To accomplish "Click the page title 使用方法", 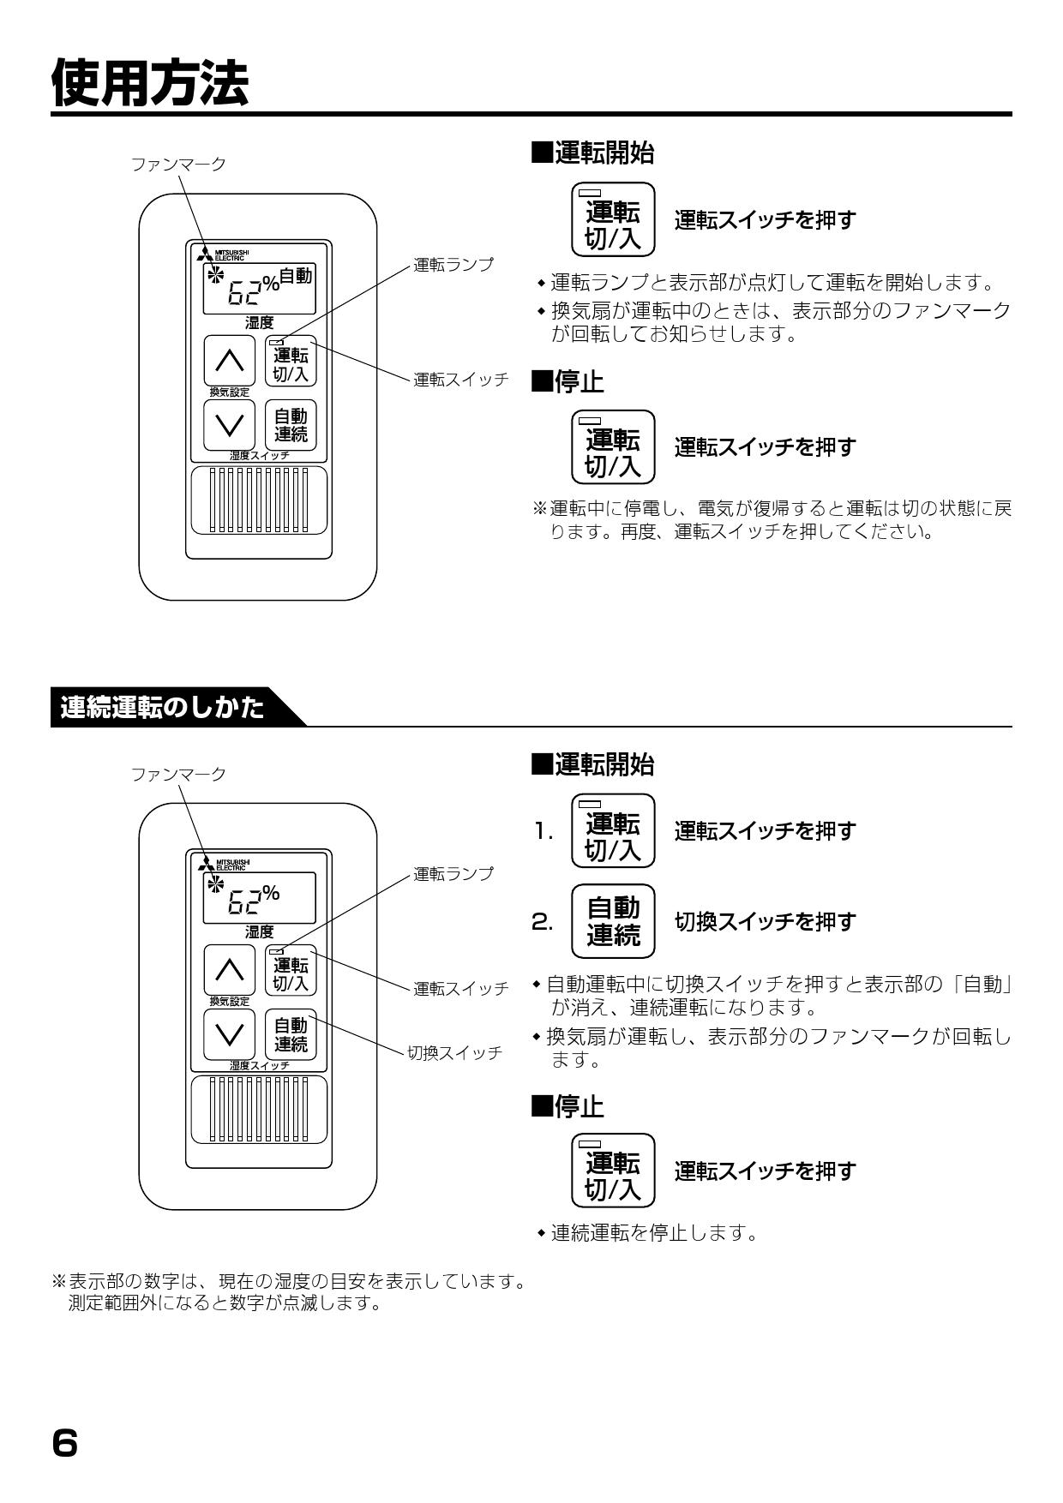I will (x=150, y=84).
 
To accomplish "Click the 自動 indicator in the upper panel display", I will (x=296, y=276).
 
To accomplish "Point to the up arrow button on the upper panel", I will (x=229, y=361).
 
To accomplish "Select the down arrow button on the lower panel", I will (x=229, y=1034).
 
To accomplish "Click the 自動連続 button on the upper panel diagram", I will (x=291, y=425).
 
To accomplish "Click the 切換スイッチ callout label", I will (x=454, y=1053).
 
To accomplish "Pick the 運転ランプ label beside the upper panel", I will (x=453, y=265).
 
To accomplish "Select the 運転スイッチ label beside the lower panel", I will (x=460, y=989).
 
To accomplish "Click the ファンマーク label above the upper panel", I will (x=178, y=165).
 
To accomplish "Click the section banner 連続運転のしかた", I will (x=163, y=709).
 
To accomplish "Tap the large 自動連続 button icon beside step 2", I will (x=613, y=921).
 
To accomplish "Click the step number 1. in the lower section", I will (x=544, y=831).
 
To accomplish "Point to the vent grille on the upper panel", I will (x=259, y=500).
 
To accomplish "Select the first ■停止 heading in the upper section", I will (x=568, y=383).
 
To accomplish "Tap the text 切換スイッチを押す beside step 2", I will (x=765, y=922).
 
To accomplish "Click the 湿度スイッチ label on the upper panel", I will (x=259, y=456).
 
